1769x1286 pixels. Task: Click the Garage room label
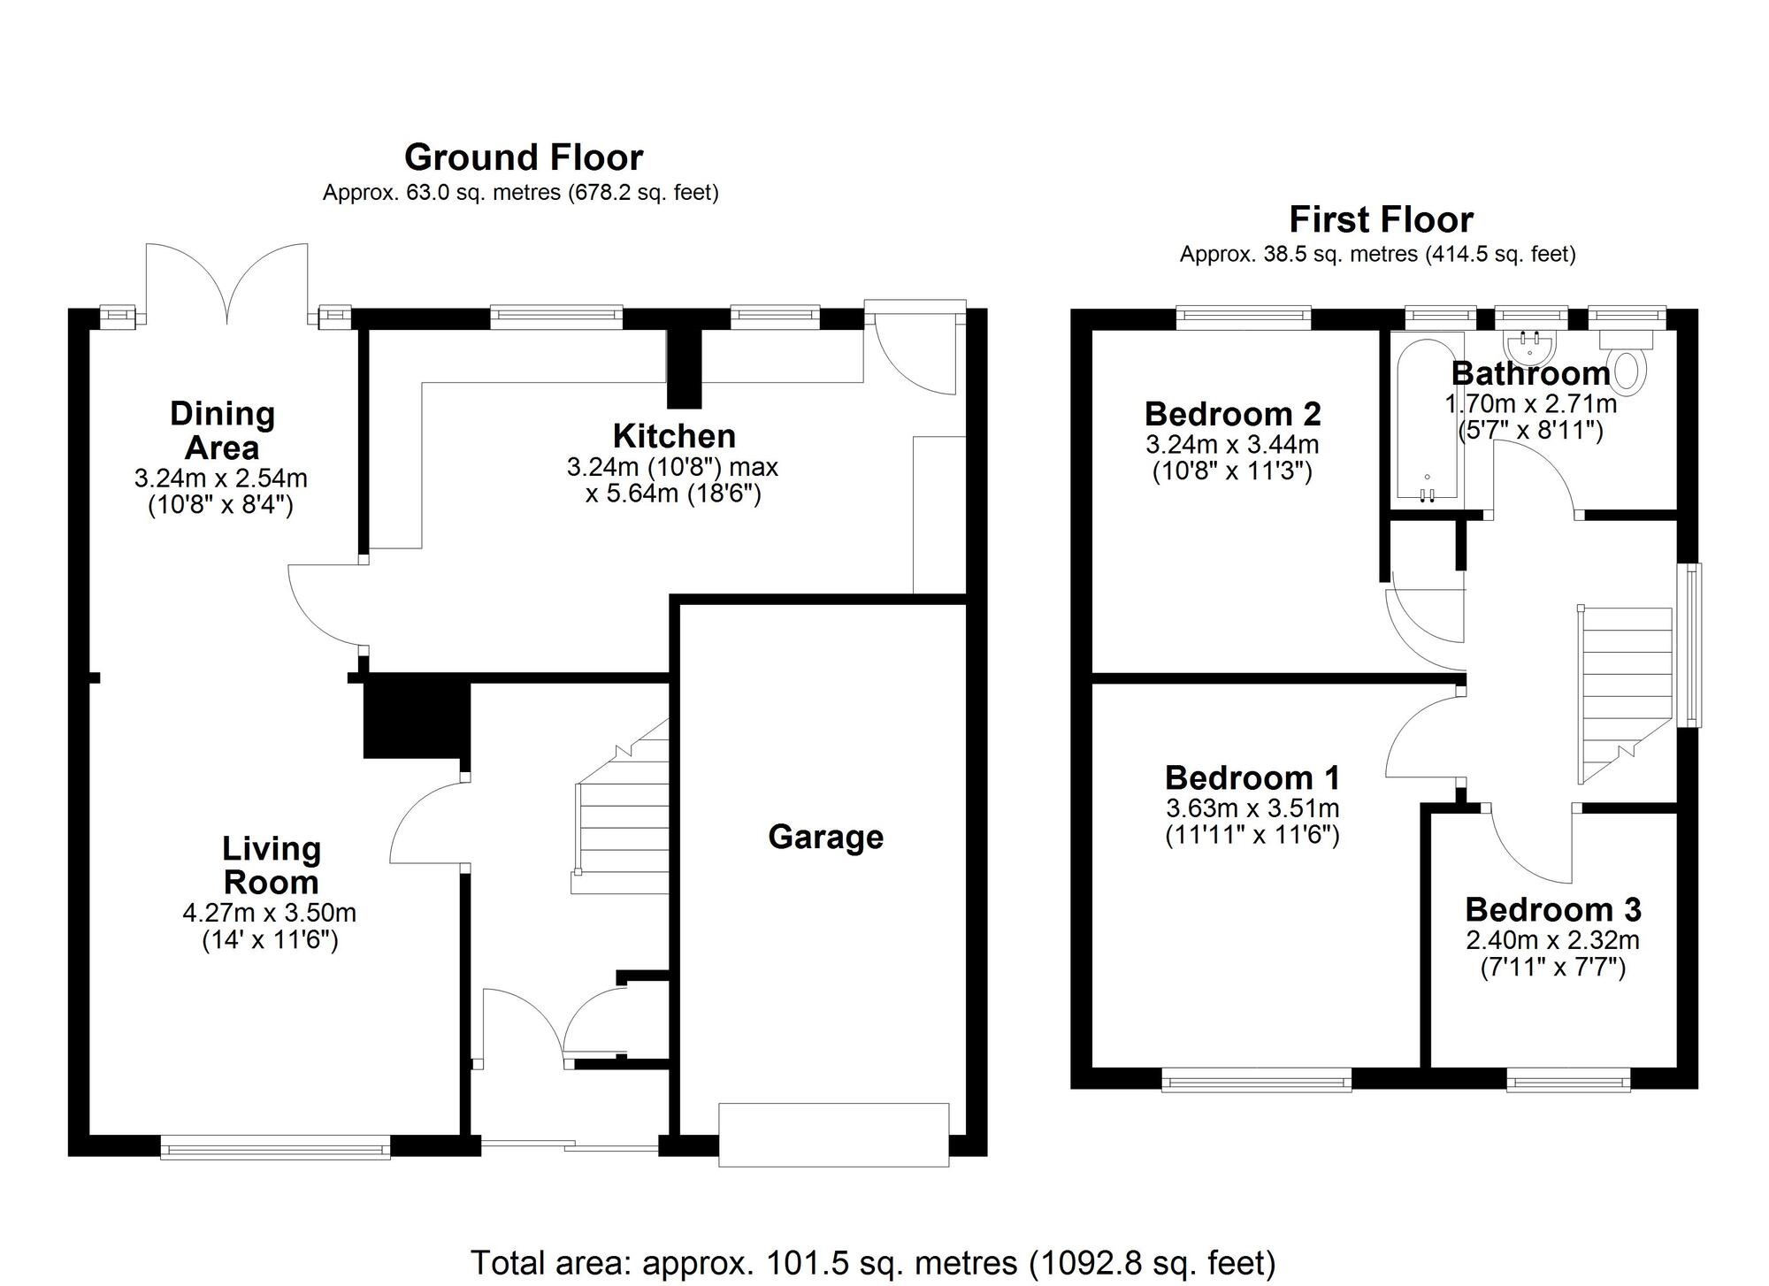click(825, 837)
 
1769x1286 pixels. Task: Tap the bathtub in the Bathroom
click(1428, 420)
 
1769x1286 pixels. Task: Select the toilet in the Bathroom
click(1630, 370)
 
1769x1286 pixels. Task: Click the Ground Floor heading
click(524, 158)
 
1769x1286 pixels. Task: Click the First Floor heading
click(1381, 219)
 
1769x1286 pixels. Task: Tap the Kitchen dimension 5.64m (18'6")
click(673, 494)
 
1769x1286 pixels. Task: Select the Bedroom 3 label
click(1552, 909)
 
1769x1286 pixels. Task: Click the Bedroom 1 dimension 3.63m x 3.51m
click(1252, 808)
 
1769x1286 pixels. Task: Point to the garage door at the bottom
click(833, 1135)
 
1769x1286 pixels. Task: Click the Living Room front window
click(275, 1149)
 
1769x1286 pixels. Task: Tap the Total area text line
click(872, 1263)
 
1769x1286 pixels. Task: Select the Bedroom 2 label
click(1232, 414)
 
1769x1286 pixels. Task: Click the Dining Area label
click(222, 430)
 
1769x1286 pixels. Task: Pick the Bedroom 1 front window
click(1256, 1080)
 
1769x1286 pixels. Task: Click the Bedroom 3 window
click(1568, 1080)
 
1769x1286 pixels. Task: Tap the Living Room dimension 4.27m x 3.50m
click(270, 912)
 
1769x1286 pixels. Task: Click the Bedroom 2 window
click(1243, 317)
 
